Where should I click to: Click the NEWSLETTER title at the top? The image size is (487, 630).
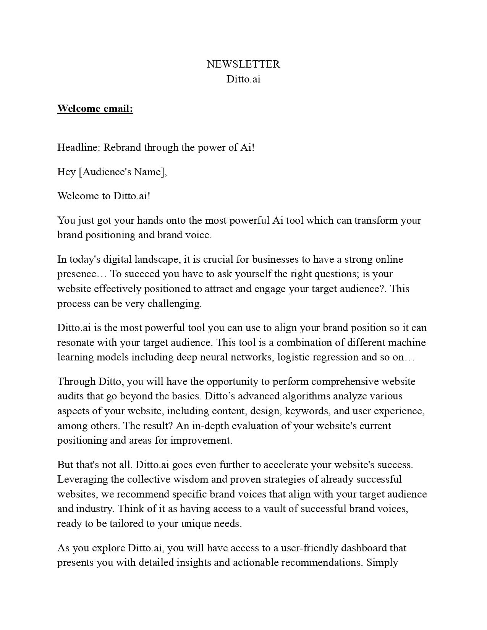point(243,64)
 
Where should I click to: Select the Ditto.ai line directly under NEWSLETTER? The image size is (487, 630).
point(243,79)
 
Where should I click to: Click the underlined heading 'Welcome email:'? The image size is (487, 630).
point(95,109)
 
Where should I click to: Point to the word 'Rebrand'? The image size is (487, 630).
point(122,147)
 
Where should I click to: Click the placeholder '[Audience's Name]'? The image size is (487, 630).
point(123,172)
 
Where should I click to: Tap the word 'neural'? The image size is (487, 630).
point(213,357)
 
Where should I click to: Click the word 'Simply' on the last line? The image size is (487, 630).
point(382,562)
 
